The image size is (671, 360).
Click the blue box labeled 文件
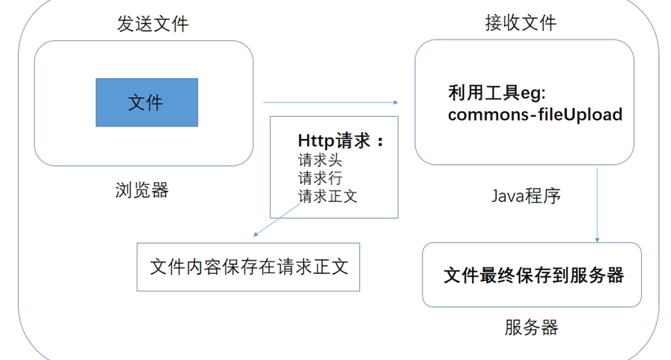click(147, 103)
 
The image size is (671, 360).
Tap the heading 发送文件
click(153, 24)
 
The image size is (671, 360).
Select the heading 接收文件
click(521, 22)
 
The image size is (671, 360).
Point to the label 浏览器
click(142, 189)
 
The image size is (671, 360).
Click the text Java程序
click(526, 196)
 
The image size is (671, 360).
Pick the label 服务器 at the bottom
click(531, 328)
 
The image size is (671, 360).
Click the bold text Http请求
click(334, 141)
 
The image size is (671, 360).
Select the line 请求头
click(320, 160)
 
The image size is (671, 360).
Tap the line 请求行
click(320, 178)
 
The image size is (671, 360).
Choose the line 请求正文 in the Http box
click(328, 196)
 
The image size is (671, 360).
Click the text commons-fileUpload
click(535, 114)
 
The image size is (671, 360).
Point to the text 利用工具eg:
click(497, 93)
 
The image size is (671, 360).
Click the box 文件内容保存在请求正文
click(248, 267)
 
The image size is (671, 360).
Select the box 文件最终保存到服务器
click(532, 275)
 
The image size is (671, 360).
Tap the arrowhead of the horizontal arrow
click(395, 103)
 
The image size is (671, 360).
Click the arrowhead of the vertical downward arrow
click(598, 240)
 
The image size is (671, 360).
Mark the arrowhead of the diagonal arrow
click(256, 234)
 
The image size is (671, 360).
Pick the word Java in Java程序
click(508, 196)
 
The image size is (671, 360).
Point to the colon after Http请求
click(380, 141)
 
